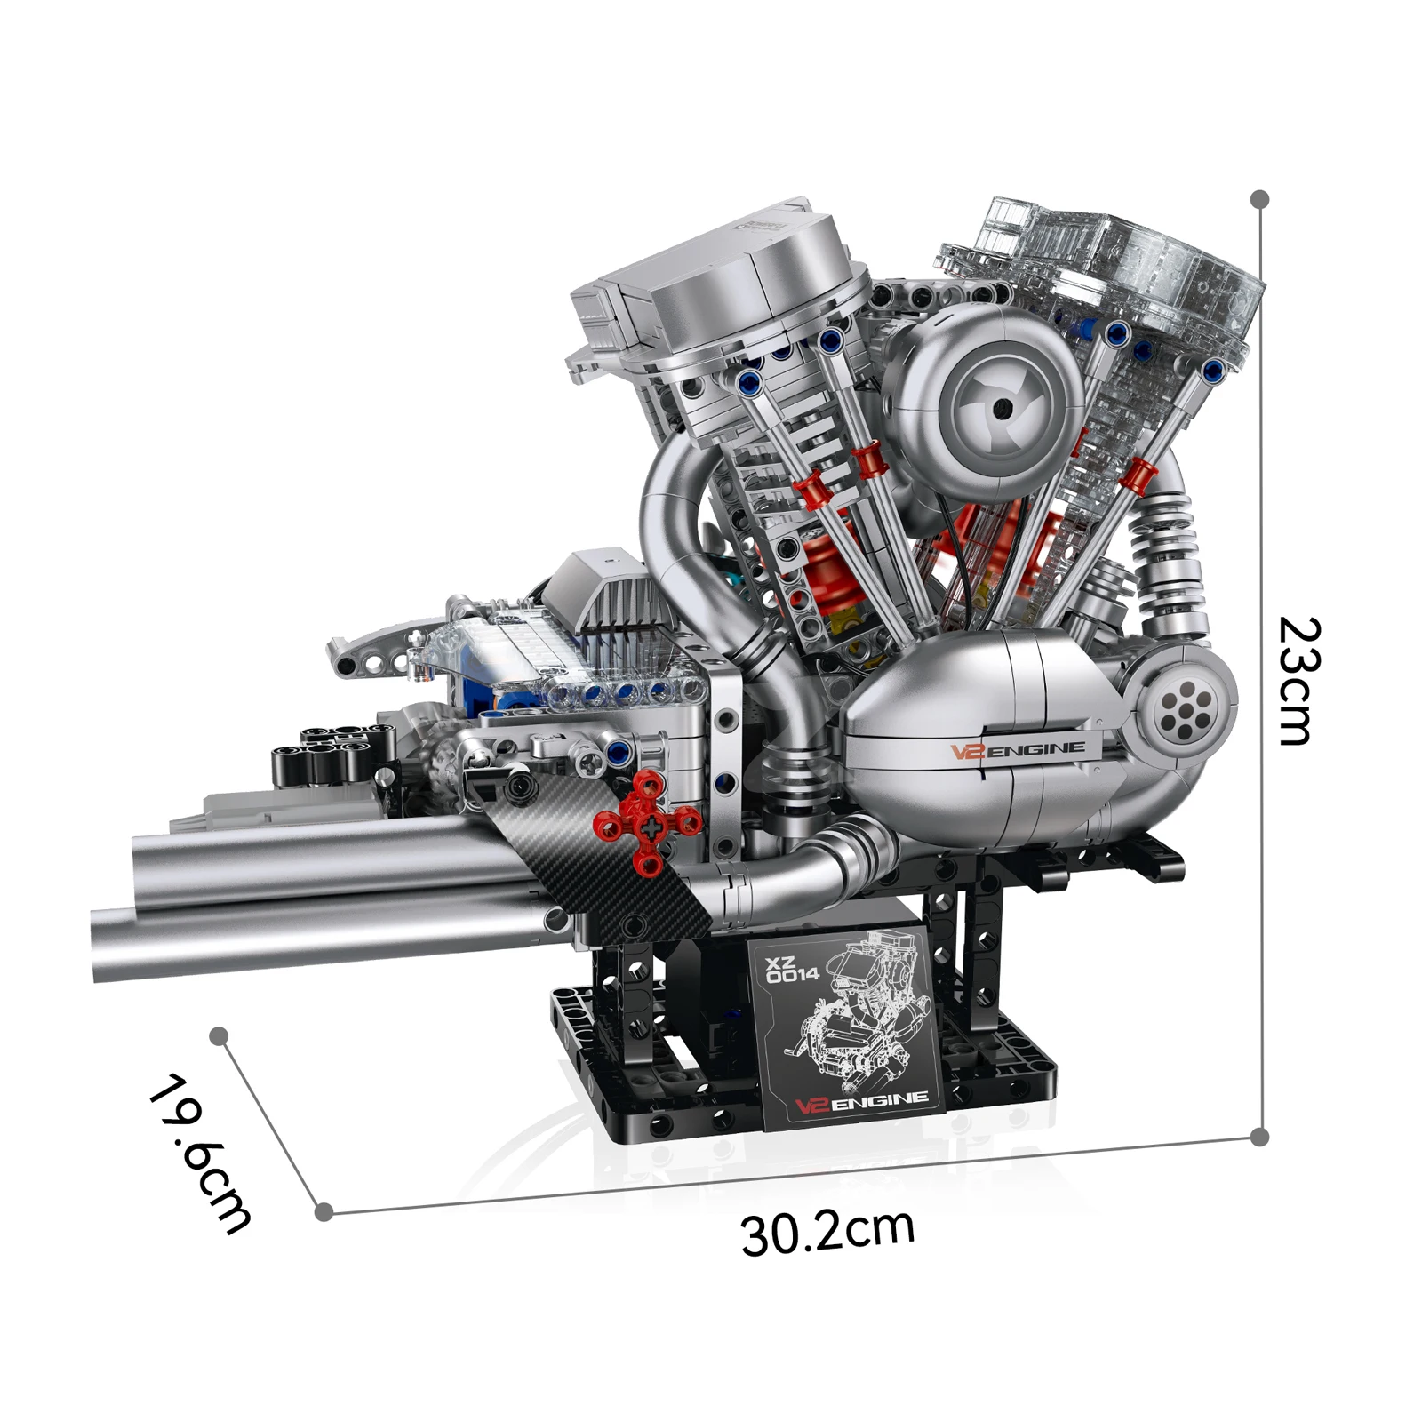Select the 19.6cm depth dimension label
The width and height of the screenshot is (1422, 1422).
(200, 1153)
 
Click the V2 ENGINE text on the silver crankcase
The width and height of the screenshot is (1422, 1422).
(1019, 750)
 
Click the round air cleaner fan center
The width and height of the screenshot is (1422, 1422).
(1003, 407)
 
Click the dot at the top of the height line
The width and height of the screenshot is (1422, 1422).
(1259, 198)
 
